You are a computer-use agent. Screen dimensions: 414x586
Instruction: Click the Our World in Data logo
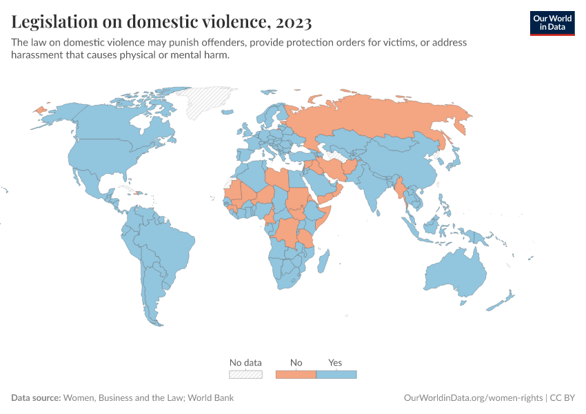(552, 22)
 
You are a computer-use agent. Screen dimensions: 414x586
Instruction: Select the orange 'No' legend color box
(296, 375)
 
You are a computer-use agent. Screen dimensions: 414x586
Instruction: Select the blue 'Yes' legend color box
(336, 375)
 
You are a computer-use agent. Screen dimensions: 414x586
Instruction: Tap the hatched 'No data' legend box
(245, 375)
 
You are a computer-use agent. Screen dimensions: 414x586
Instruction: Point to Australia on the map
(452, 276)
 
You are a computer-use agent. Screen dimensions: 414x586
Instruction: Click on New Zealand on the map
(502, 302)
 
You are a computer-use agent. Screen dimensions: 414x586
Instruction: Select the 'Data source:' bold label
(36, 398)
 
